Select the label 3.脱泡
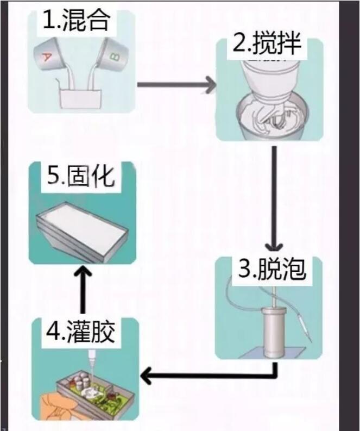[x=271, y=269]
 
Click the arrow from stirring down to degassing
[x=275, y=196]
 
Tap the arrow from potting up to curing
[x=81, y=288]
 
